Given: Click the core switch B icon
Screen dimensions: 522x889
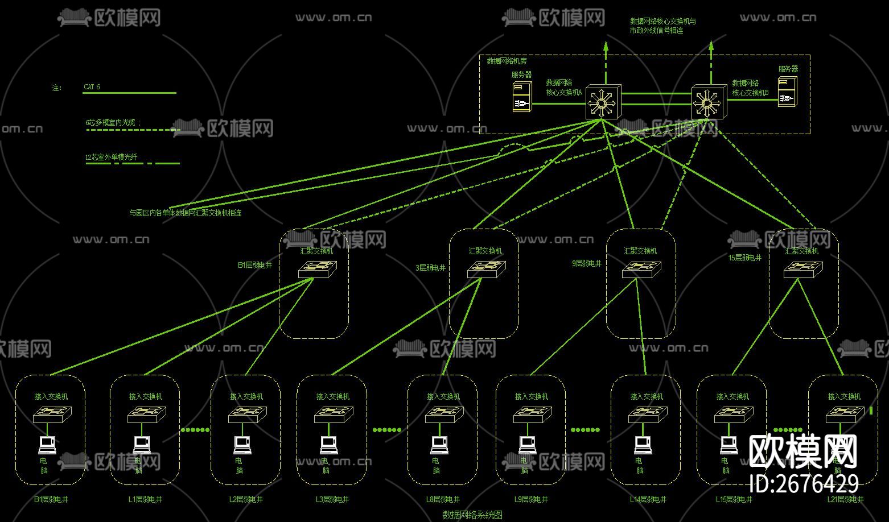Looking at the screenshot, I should (x=708, y=102).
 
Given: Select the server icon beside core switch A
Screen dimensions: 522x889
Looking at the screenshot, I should (x=522, y=97).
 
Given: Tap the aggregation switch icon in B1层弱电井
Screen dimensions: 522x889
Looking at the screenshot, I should (x=317, y=269).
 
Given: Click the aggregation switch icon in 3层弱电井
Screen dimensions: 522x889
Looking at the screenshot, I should (x=486, y=269).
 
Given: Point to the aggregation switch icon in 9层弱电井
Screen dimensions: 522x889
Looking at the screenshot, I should (x=641, y=269).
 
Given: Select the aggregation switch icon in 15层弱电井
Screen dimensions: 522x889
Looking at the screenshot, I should (x=802, y=269).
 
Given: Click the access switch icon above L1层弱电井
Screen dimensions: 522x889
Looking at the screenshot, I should (x=146, y=415).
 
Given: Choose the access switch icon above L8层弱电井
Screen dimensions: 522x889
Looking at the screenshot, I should (x=444, y=415).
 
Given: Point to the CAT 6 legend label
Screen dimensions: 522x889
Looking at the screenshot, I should (x=92, y=87).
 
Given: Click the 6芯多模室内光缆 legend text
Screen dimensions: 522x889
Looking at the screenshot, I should (x=112, y=122).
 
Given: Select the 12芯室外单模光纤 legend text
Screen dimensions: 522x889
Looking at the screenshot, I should (x=111, y=157).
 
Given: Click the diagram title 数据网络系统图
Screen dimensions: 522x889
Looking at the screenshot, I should (x=472, y=515).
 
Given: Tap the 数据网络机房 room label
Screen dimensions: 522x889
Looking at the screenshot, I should (x=507, y=61).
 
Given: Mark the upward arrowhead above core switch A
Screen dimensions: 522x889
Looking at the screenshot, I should (x=606, y=45).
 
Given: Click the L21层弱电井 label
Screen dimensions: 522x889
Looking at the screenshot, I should (x=845, y=499).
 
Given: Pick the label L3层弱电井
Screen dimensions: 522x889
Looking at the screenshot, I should (x=332, y=499).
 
